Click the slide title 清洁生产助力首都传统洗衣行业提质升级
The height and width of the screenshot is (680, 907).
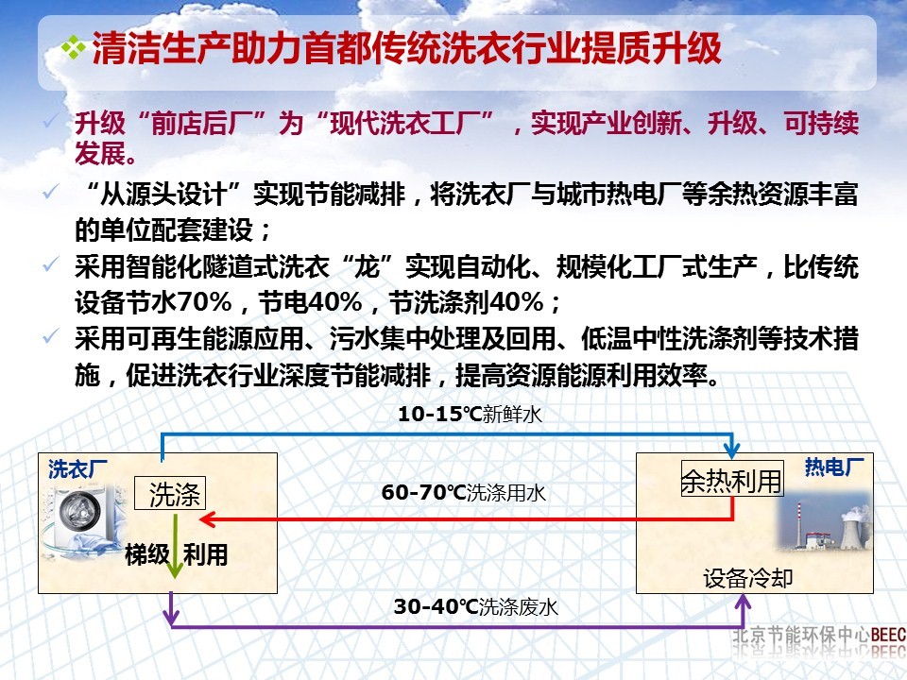tap(406, 50)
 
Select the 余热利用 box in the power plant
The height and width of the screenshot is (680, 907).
tap(732, 481)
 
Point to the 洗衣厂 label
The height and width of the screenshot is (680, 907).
tap(78, 467)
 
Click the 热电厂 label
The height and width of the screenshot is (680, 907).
tap(834, 467)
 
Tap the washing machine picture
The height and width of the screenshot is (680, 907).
tap(82, 515)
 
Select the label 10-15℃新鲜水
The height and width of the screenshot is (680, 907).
tap(470, 414)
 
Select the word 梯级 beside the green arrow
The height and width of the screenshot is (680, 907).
tap(147, 554)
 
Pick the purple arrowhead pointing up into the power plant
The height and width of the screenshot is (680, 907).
tap(739, 603)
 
